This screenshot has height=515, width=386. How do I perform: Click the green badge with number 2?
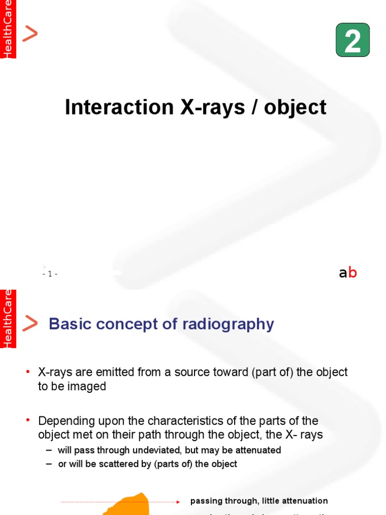tap(353, 40)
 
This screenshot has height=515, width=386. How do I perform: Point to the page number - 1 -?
tap(50, 274)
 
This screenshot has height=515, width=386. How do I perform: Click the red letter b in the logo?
tap(353, 273)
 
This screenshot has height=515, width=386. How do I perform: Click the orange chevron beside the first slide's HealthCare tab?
tap(30, 34)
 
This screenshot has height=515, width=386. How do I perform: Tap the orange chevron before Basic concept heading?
tap(30, 323)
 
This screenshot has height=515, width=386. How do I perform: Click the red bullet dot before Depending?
tap(28, 419)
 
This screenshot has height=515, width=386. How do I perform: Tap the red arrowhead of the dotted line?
tap(178, 502)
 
